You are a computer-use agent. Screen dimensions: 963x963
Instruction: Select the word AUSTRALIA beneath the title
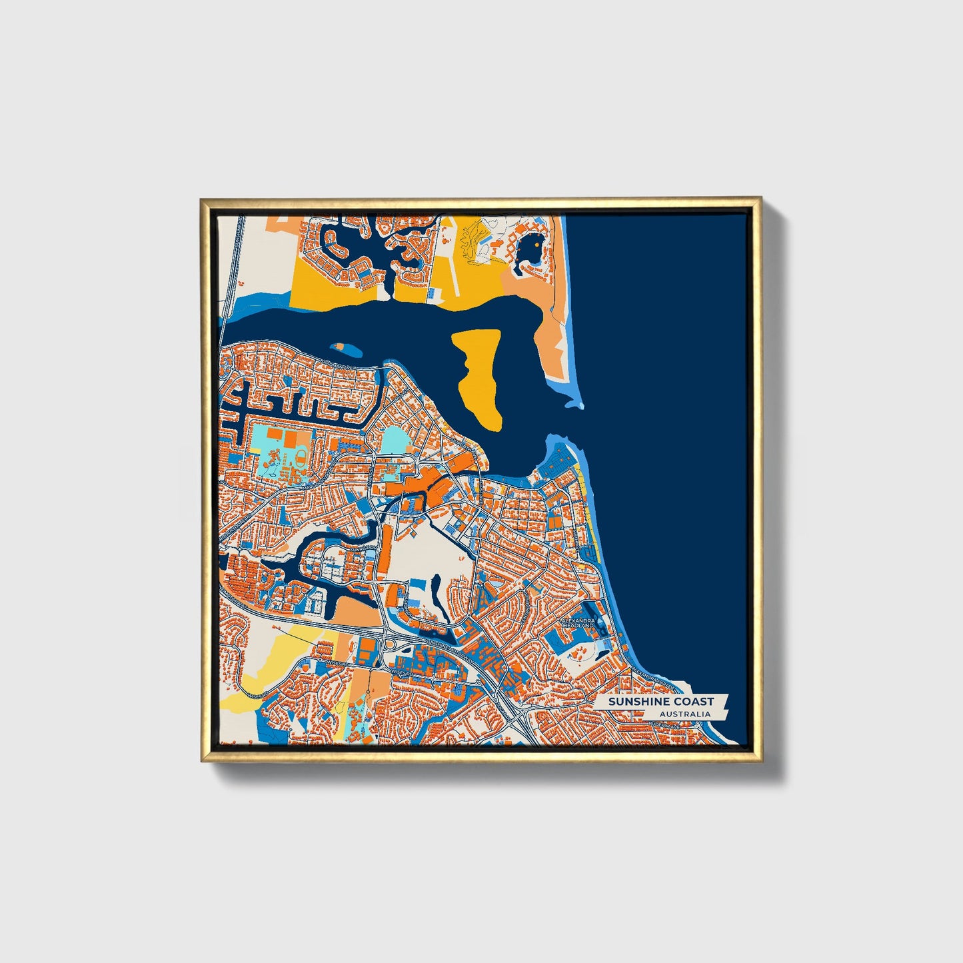tap(684, 714)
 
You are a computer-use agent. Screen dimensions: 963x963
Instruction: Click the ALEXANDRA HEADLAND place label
tap(578, 622)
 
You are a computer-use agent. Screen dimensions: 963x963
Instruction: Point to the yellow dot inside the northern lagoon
tap(536, 244)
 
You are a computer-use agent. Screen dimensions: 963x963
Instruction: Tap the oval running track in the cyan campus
tap(301, 457)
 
